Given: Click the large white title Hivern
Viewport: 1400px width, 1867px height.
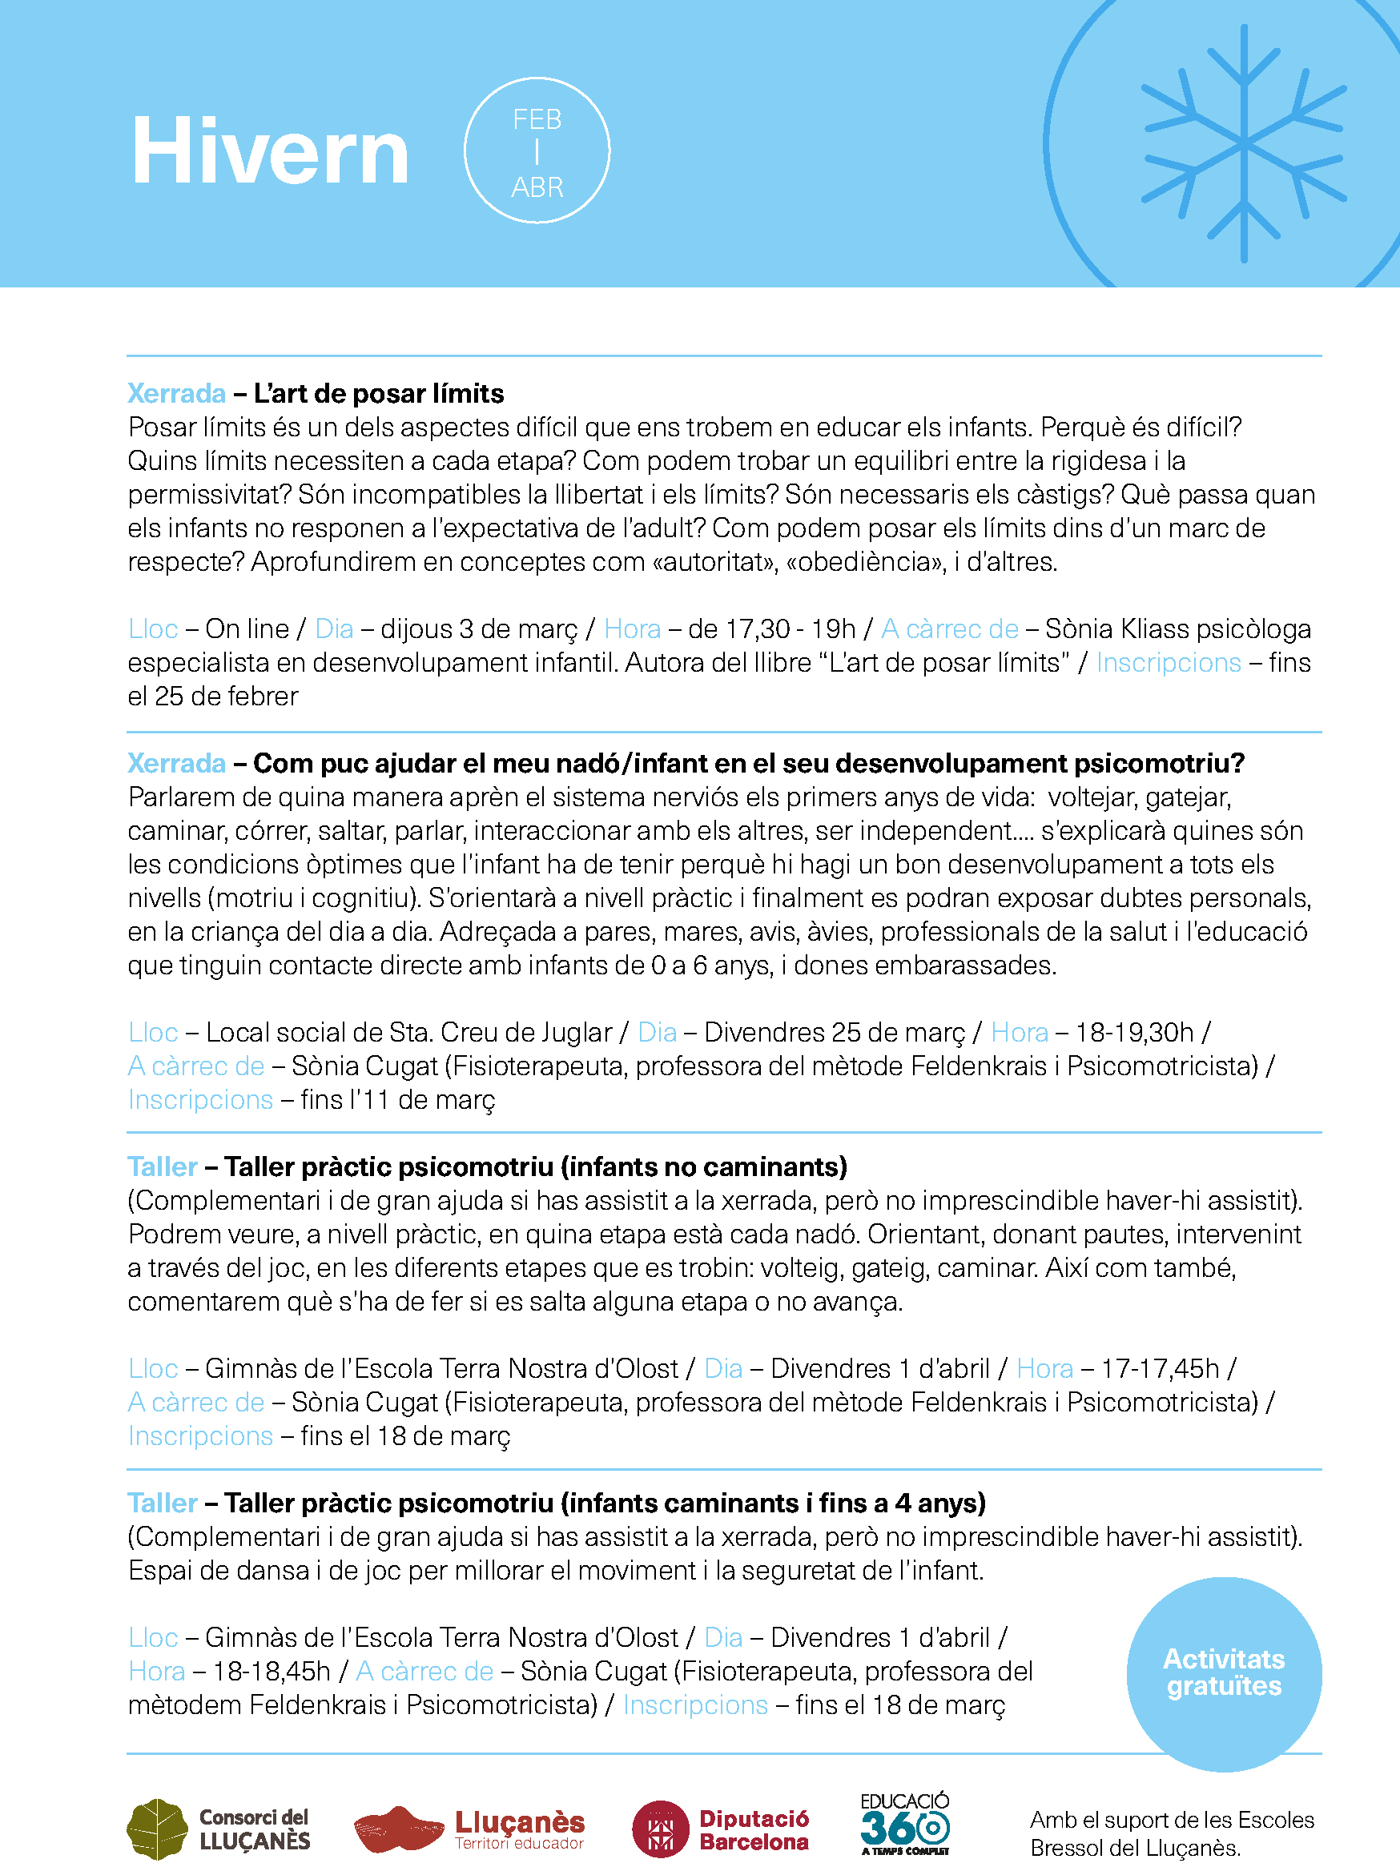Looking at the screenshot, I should [269, 152].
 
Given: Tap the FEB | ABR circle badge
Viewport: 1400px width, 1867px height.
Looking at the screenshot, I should [537, 151].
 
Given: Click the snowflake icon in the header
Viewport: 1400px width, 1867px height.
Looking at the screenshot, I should [1243, 143].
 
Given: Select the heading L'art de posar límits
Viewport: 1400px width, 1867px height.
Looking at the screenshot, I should [378, 393].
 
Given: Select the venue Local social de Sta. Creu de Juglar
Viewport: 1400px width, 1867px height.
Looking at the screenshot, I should [408, 1032].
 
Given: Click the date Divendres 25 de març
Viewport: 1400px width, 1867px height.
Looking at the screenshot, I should [835, 1032].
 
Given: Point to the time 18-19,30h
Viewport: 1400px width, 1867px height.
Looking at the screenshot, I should [1135, 1032].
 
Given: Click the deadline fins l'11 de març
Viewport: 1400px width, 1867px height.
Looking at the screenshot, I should [398, 1100].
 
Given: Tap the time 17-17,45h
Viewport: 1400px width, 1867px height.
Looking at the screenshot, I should [1161, 1368].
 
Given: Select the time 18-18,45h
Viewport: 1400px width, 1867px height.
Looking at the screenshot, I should [271, 1671].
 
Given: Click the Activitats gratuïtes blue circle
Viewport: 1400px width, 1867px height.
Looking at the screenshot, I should [1224, 1673].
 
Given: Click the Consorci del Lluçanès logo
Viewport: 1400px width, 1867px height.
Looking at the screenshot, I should [219, 1829].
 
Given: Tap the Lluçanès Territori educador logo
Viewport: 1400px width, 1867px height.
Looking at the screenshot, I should [469, 1829].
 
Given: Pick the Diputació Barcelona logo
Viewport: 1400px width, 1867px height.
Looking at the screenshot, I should [720, 1829].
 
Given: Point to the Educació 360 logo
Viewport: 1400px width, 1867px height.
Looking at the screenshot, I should [905, 1825].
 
